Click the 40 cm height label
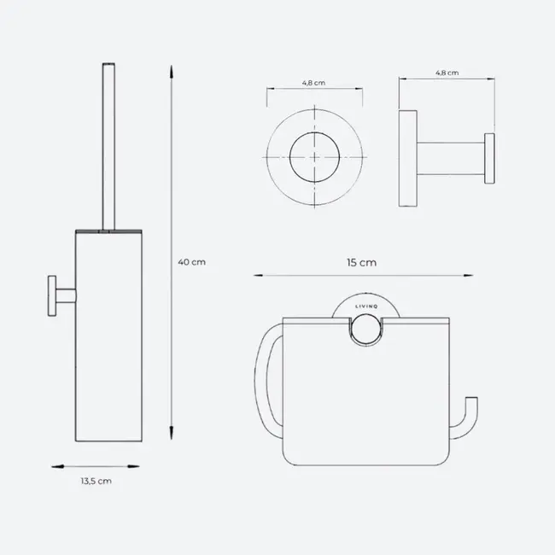pos(193,262)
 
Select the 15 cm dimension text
pos(362,262)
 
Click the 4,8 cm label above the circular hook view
pos(313,84)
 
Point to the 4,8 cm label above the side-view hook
pos(447,73)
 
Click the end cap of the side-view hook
pos(490,158)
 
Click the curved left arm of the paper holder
pos(264,376)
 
